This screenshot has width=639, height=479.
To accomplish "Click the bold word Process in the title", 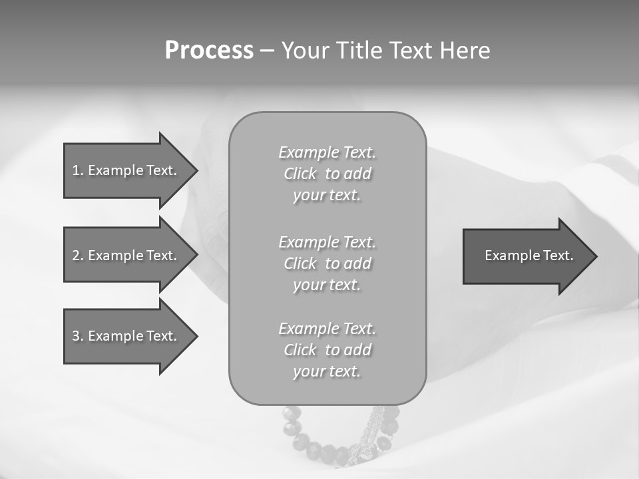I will (x=209, y=51).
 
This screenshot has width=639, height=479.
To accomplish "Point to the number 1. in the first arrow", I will (x=77, y=170).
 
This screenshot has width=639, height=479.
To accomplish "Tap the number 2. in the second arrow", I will (x=77, y=255).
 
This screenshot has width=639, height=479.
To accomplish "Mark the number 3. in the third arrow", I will (x=77, y=336).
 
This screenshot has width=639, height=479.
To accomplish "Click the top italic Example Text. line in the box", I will (x=327, y=152).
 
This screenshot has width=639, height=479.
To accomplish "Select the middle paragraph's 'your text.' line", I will (x=327, y=285).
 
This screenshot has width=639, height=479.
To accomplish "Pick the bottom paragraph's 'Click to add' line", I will (x=327, y=350).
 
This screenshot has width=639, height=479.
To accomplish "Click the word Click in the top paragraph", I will (x=300, y=174).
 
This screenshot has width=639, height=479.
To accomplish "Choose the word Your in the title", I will (x=308, y=51).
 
